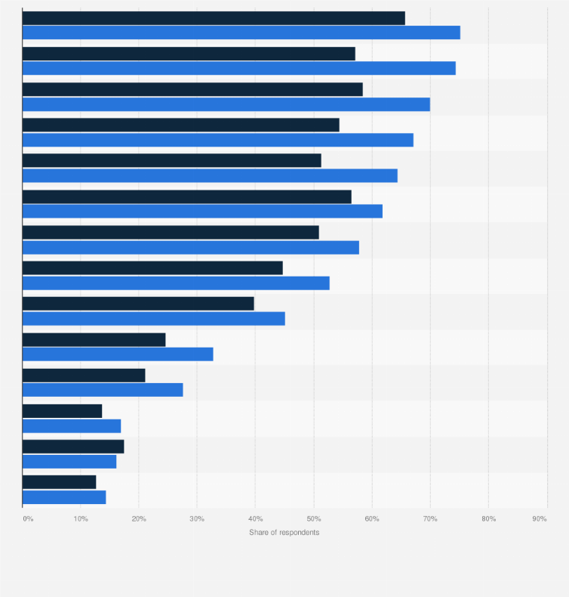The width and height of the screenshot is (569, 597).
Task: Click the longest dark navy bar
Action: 214,18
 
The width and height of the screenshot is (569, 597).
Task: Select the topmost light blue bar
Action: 241,32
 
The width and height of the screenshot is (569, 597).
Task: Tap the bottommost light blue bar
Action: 64,497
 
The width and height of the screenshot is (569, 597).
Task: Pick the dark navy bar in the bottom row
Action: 59,482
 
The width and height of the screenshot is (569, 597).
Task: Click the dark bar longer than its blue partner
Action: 73,447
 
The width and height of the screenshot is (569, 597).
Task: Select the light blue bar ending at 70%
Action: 226,104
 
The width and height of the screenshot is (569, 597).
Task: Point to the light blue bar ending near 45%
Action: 153,318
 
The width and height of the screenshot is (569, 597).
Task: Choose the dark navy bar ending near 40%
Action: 138,303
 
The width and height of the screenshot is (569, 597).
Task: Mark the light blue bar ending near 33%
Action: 118,354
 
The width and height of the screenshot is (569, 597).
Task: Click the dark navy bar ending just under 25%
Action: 94,339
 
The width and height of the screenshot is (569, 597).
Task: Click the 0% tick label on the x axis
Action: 28,518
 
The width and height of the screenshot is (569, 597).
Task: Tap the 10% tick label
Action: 80,518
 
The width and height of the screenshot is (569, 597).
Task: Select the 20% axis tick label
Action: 138,518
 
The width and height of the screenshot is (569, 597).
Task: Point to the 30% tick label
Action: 196,518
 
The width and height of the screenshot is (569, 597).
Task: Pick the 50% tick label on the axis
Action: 313,518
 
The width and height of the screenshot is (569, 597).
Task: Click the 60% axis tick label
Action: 371,518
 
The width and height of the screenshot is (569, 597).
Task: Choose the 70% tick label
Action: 430,518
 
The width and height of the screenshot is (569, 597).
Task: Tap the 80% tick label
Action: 488,518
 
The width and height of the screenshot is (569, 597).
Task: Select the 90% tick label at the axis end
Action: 539,518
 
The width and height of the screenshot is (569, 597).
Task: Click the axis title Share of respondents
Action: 284,533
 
